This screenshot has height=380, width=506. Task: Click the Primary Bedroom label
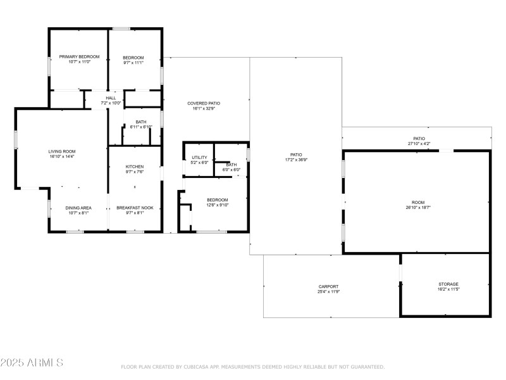(79, 57)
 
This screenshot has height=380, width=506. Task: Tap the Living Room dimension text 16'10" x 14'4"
(62, 156)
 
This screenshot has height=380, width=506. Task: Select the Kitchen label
(134, 167)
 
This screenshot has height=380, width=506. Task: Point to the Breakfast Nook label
(134, 208)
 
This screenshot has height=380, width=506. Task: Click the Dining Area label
(79, 208)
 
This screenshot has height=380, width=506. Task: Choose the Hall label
(111, 98)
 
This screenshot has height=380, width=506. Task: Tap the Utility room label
(199, 157)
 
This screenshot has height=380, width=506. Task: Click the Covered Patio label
(204, 103)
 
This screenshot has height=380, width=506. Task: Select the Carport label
(328, 286)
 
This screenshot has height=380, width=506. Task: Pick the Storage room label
(448, 284)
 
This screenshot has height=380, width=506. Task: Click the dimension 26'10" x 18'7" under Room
(417, 207)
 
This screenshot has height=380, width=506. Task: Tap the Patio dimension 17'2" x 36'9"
(296, 160)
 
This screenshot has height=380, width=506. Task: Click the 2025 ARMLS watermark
(32, 363)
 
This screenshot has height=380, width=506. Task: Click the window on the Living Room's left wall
(16, 139)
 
